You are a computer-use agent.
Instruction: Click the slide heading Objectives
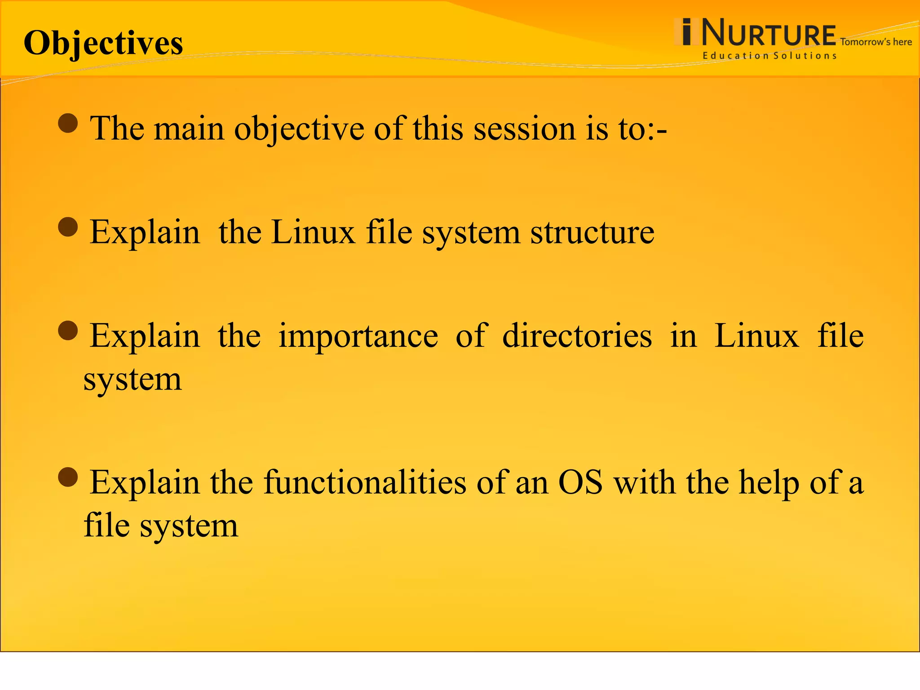(103, 44)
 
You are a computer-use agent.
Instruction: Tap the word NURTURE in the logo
(768, 33)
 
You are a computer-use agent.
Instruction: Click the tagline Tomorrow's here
(876, 42)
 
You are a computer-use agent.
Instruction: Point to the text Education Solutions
(770, 56)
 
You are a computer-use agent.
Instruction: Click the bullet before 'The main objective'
(68, 123)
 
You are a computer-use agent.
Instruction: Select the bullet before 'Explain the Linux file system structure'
(68, 227)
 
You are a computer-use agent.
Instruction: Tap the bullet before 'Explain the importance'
(68, 331)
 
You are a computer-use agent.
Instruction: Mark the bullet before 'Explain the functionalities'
(68, 477)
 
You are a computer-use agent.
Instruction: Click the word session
(524, 129)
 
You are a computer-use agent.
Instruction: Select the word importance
(358, 336)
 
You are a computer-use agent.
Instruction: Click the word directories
(577, 336)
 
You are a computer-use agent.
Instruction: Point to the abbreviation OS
(580, 482)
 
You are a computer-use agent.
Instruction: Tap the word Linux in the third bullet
(756, 336)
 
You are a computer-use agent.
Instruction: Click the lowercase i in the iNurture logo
(686, 32)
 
